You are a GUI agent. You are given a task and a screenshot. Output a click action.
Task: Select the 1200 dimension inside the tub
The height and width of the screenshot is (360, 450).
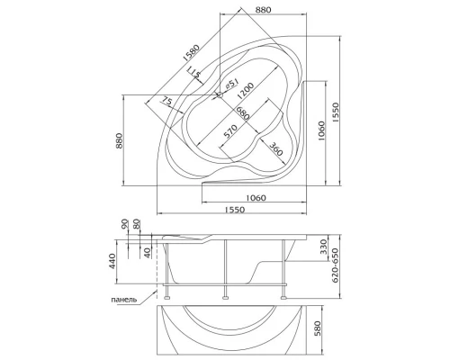[x=249, y=90]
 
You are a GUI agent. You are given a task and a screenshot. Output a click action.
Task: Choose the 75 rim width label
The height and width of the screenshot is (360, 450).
[x=167, y=103]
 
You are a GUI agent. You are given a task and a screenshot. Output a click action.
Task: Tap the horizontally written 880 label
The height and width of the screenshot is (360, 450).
[x=262, y=10]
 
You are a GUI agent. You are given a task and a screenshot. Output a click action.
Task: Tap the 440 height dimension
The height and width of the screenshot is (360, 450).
[x=112, y=262]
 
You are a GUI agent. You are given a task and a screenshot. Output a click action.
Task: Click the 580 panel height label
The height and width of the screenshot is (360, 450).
[x=318, y=329]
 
